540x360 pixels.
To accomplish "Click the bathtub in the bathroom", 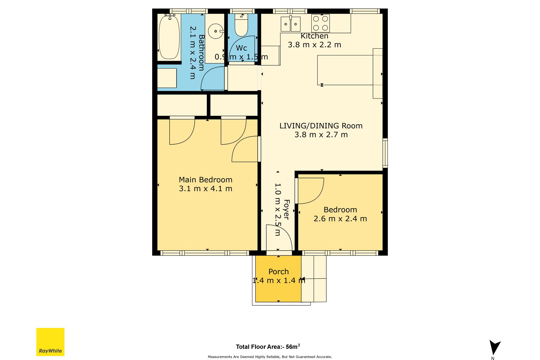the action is click(x=169, y=37).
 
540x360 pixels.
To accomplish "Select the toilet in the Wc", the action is click(x=241, y=25).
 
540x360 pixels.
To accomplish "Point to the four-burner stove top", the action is click(x=321, y=23).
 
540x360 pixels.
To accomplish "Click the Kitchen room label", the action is click(x=314, y=36).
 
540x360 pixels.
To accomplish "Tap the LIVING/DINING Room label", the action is click(x=321, y=126).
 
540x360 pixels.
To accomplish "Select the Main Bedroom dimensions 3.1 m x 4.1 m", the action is click(x=206, y=188).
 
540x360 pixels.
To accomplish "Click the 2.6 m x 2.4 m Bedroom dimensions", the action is click(x=340, y=219).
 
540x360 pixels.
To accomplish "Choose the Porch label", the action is click(x=278, y=271).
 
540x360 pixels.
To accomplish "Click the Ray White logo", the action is click(x=50, y=342).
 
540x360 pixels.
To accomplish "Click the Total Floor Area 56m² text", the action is click(x=268, y=346).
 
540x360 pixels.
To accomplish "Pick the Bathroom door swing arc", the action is click(x=207, y=74).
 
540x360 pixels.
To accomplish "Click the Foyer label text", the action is click(x=286, y=210).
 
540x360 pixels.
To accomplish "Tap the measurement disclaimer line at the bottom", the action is click(x=270, y=357).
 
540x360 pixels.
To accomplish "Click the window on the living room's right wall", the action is click(x=385, y=153).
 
